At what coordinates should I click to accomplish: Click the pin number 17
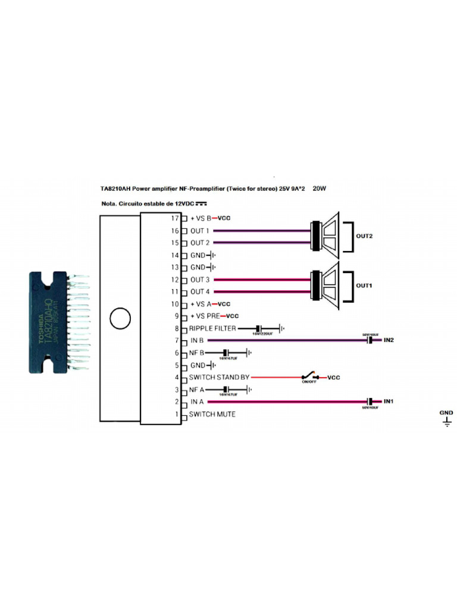tap(175, 218)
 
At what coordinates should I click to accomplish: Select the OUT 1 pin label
tap(200, 231)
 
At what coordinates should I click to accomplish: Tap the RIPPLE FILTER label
tap(212, 328)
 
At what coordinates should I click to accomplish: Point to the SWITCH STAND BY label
tap(220, 377)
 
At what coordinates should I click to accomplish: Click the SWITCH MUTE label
tap(212, 414)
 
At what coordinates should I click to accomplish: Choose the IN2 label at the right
tap(389, 340)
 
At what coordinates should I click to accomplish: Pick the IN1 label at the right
tap(389, 402)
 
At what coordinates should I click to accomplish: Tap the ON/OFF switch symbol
tap(309, 377)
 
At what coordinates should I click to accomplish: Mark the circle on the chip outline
tap(120, 319)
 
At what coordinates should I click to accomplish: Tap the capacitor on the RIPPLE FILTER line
tap(259, 328)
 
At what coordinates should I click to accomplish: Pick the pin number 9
tap(177, 316)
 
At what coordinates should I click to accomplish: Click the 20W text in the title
tap(320, 189)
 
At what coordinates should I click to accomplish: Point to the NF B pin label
tap(198, 353)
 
